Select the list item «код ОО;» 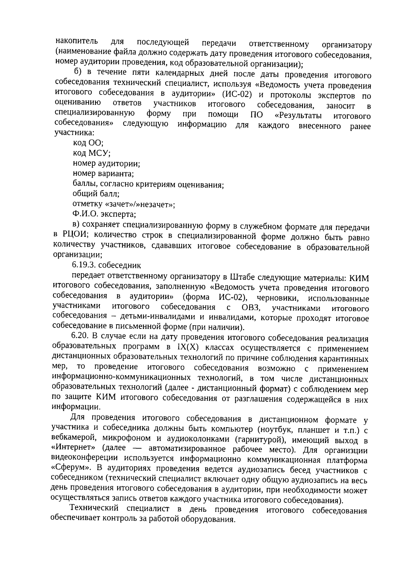click(88, 143)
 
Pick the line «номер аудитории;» click(106, 164)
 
